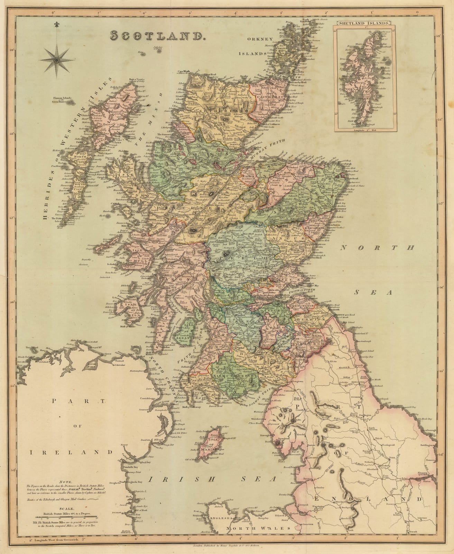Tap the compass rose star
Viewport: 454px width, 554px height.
[x=57, y=61]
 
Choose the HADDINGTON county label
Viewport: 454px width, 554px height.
[x=304, y=306]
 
